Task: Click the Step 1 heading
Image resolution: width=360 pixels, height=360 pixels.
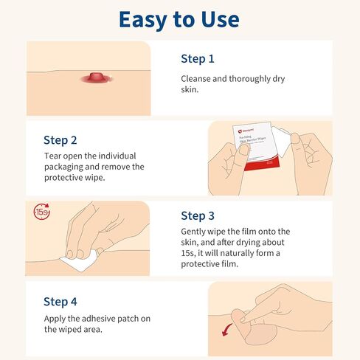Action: [198, 58]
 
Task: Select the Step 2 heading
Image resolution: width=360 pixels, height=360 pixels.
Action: [60, 139]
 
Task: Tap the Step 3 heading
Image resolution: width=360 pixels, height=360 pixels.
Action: [198, 216]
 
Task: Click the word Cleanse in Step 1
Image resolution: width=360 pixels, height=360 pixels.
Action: [199, 77]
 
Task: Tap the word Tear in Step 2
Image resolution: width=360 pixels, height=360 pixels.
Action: [54, 156]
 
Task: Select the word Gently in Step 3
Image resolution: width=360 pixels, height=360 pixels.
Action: [198, 232]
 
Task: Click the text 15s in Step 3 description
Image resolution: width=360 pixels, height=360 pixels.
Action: [189, 254]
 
